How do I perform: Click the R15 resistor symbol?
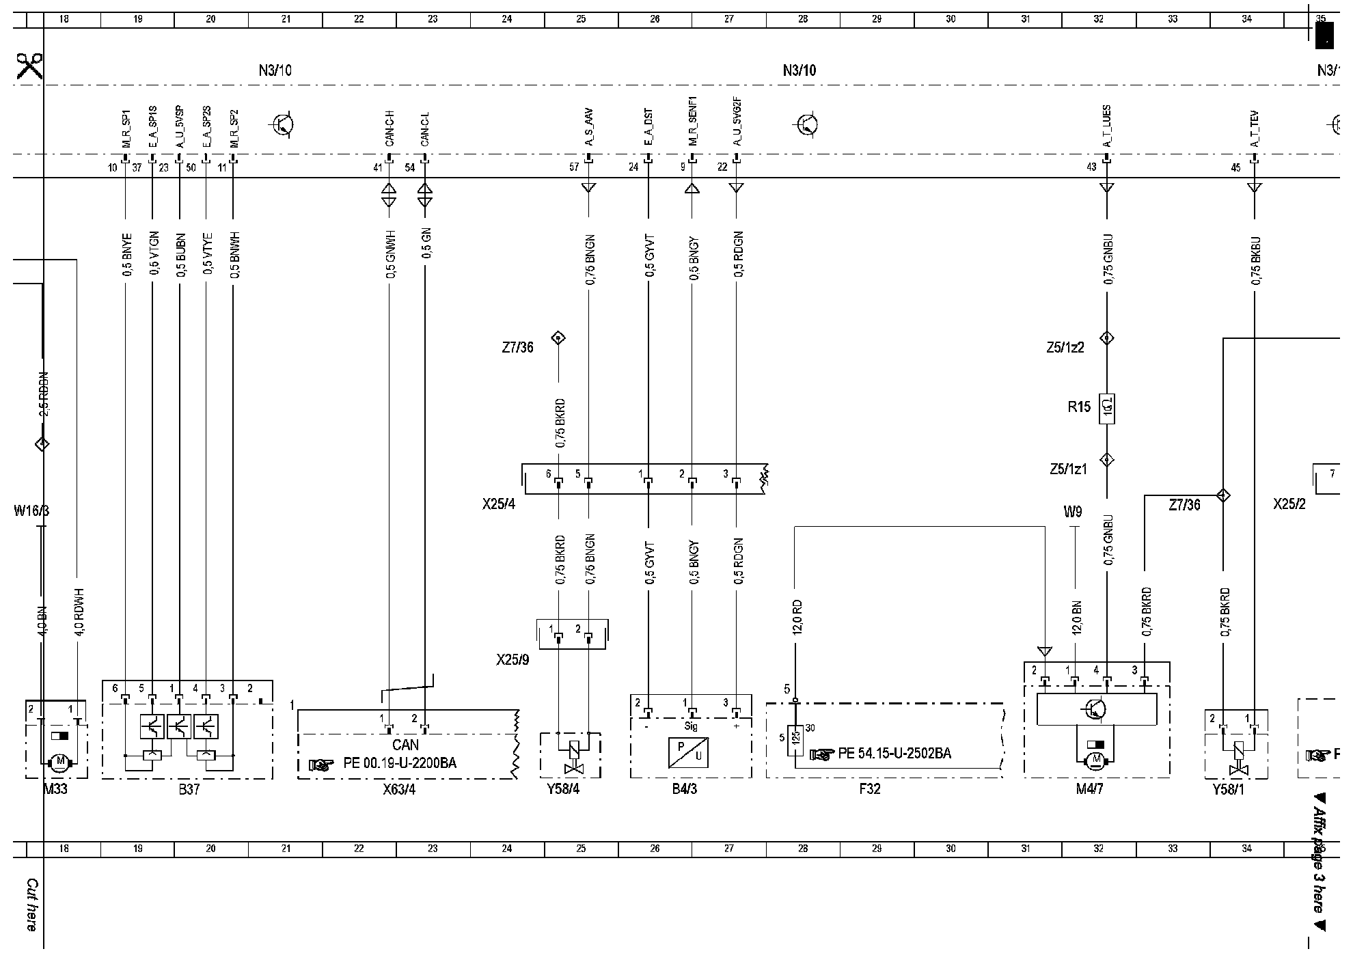(x=1107, y=409)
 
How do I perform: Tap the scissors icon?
(x=29, y=66)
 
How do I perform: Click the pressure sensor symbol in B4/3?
(x=689, y=752)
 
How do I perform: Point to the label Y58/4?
(x=564, y=789)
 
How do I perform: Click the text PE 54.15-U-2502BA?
(x=894, y=754)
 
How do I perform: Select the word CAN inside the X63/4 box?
(x=405, y=745)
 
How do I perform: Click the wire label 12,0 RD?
(x=797, y=617)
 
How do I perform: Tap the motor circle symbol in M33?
(x=59, y=760)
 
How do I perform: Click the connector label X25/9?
(x=512, y=660)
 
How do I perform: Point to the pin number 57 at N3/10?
(x=574, y=167)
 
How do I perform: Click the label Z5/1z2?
(x=1065, y=347)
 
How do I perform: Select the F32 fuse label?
(x=869, y=789)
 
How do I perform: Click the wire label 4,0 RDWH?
(x=79, y=613)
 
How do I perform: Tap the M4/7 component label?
(x=1089, y=789)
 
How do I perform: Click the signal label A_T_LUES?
(x=1107, y=126)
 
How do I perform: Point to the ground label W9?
(x=1072, y=511)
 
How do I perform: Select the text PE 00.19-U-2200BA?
(x=400, y=763)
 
